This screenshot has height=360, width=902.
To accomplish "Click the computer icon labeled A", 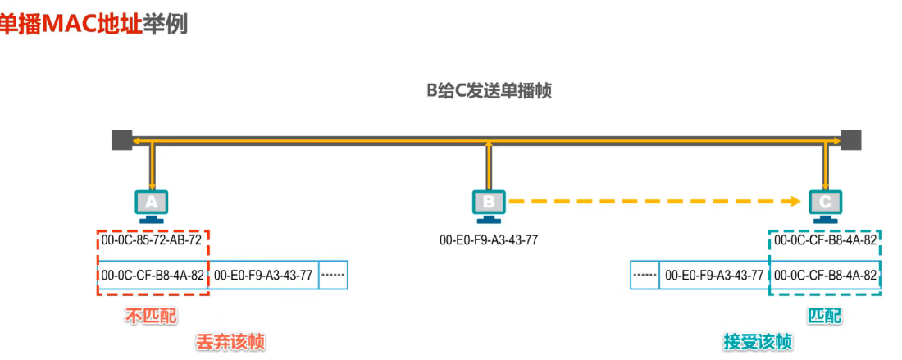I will coord(151,205).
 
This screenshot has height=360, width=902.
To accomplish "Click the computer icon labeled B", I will coord(489,205).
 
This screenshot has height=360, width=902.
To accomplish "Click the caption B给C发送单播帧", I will coord(489,91).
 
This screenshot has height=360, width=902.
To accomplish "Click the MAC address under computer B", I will coord(489,240).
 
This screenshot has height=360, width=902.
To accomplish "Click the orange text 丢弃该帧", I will coord(231,340).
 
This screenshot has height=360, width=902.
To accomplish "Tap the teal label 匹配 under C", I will coord(825,316).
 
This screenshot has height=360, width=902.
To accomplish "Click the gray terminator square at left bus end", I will coord(122,140).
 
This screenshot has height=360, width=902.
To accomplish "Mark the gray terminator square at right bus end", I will coord(851,140).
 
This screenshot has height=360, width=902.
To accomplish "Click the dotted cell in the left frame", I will coord(334,276).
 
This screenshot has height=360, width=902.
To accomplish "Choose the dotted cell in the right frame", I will coord(645,276).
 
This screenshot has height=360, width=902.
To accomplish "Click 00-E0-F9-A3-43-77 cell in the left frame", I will coord(263,276).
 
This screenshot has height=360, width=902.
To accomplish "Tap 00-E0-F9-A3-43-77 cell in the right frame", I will coord(713,276).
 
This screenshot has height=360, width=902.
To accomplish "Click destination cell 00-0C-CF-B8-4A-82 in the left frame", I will coord(153,276).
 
